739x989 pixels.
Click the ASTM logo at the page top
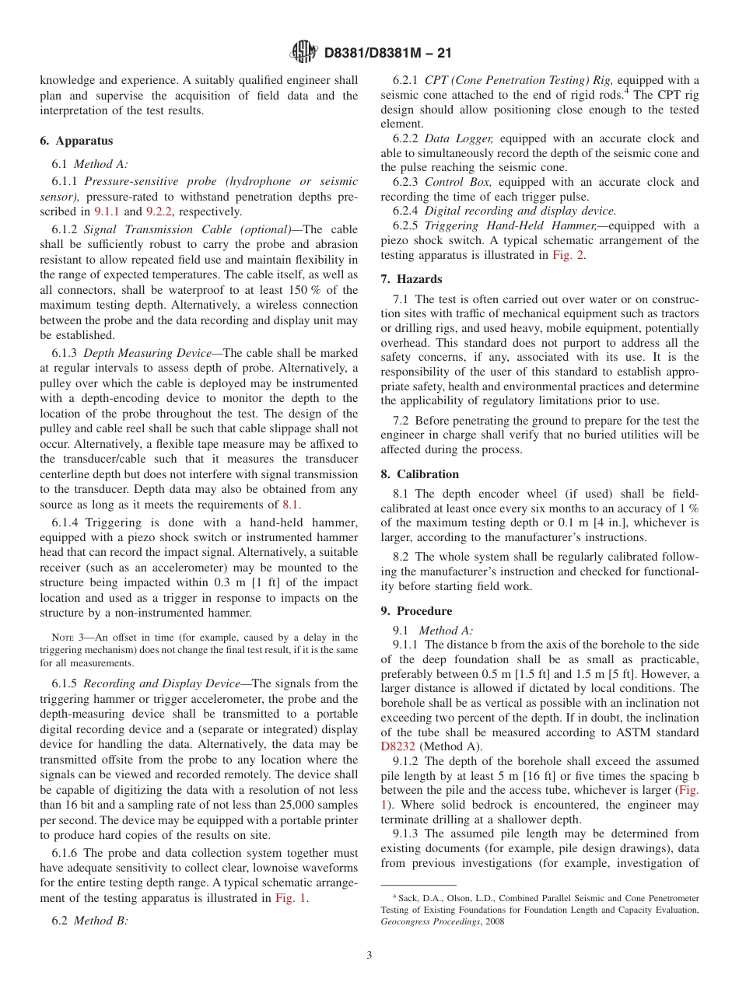click(303, 52)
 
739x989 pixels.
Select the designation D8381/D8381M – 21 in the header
click(387, 53)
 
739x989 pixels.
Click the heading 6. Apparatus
click(76, 141)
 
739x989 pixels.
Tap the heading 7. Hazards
click(412, 279)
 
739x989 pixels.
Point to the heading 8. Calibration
click(420, 474)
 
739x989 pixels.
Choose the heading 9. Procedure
click(416, 611)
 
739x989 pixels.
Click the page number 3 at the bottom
click(369, 955)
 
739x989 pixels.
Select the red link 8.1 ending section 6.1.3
click(290, 505)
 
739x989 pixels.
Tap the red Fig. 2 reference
click(569, 254)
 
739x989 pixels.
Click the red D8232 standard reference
click(398, 747)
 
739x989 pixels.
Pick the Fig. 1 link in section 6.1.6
click(291, 898)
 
